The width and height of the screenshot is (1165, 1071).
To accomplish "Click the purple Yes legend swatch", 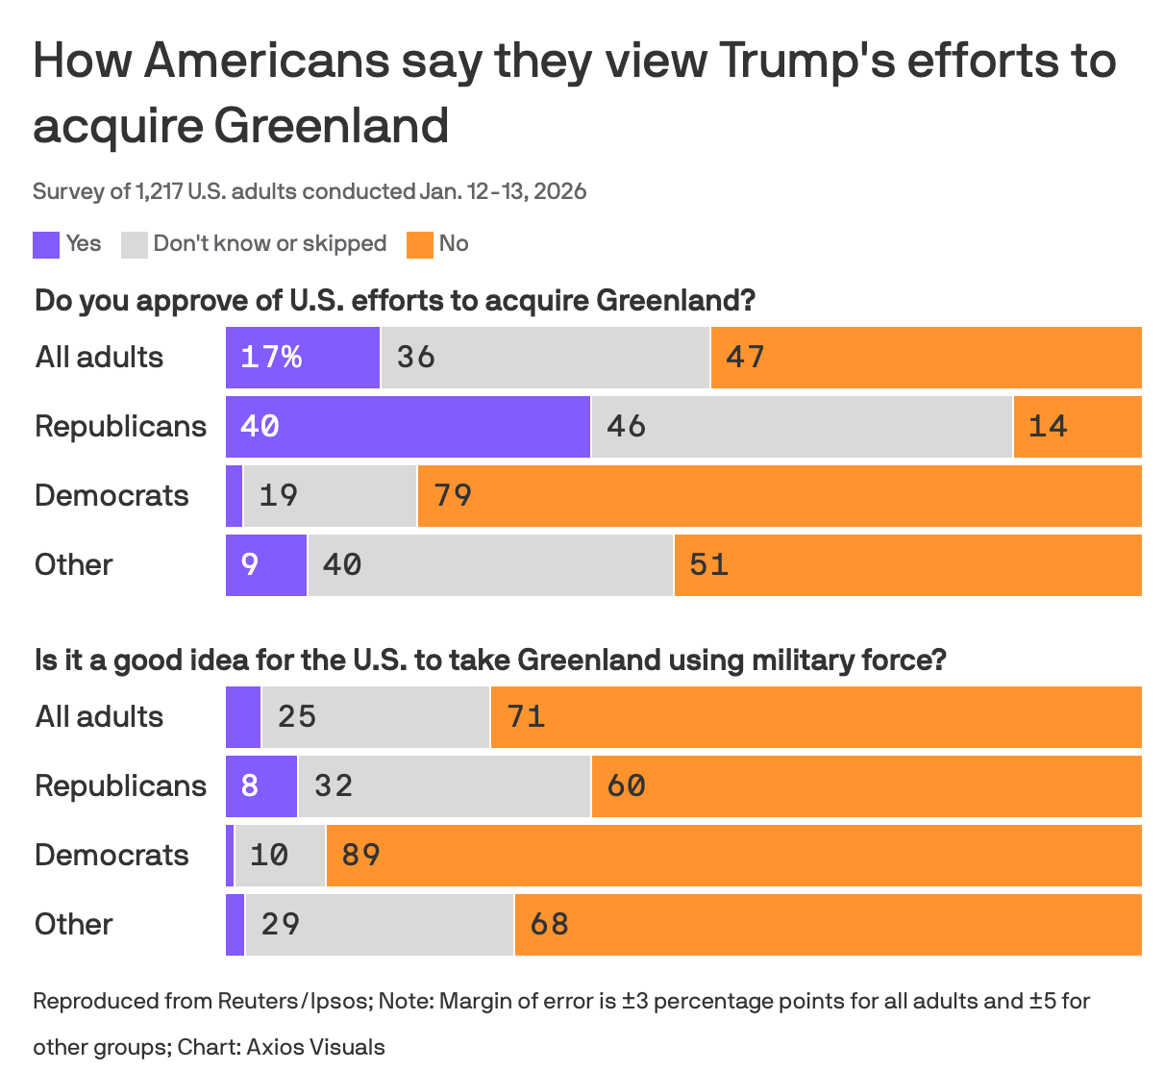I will (46, 244).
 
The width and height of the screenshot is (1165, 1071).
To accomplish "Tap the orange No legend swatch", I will (420, 244).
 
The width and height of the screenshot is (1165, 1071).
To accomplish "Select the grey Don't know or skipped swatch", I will (135, 244).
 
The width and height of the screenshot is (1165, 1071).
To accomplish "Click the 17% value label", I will (271, 358).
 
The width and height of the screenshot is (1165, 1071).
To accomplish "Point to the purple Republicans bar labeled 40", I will (408, 427).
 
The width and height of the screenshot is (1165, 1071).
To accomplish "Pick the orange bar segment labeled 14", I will (1078, 427).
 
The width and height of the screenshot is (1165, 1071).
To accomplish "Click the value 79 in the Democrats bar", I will (453, 496).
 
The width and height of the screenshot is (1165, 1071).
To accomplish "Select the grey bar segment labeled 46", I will (802, 427).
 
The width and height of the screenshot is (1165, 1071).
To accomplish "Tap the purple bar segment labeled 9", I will (266, 565).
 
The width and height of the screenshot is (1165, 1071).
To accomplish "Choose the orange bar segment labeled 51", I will (907, 565).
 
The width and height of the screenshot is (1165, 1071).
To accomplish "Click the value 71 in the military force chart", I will (527, 717).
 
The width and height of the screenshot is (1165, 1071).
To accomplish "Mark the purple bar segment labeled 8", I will (261, 786).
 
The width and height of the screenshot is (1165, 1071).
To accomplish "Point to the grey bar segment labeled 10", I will (280, 856).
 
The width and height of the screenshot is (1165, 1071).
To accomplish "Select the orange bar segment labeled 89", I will (733, 856).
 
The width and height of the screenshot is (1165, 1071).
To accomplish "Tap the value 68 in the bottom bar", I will (550, 925).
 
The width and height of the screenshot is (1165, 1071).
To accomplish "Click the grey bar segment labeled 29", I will (379, 925).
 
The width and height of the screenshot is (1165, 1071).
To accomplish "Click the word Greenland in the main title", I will (331, 126).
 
